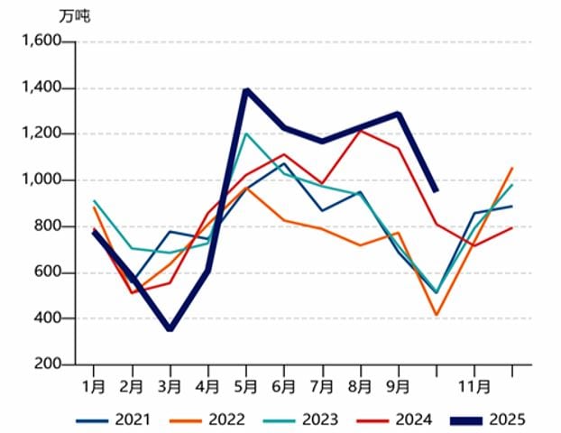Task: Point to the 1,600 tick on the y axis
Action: [41, 41]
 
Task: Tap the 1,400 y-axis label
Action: [41, 88]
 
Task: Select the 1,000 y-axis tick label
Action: [41, 180]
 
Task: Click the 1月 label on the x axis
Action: [94, 387]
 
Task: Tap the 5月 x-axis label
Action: [246, 387]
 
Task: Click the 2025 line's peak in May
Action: [246, 89]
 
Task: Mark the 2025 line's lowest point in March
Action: [170, 329]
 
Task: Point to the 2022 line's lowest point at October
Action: [437, 315]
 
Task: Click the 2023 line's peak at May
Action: [246, 134]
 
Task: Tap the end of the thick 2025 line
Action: [437, 191]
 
